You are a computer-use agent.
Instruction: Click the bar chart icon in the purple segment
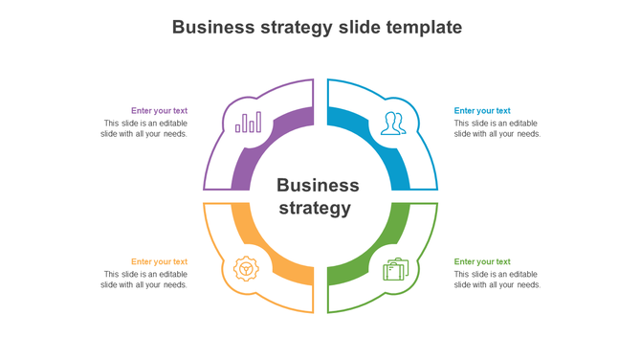249,123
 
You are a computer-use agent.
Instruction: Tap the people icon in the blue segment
392,124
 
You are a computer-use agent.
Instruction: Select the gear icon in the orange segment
247,269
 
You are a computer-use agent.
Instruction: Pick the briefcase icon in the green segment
395,269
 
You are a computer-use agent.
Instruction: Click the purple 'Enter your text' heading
159,111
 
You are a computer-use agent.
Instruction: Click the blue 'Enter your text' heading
482,111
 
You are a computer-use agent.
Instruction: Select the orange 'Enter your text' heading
159,261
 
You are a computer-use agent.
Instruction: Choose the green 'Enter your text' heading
482,261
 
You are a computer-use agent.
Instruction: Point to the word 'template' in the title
424,28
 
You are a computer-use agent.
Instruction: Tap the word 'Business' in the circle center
318,186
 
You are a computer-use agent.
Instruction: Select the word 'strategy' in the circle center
314,208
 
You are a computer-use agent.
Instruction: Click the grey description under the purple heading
144,128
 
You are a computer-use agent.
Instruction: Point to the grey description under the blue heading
497,128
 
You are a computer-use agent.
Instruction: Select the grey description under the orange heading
144,280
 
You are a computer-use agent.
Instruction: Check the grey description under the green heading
497,280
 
